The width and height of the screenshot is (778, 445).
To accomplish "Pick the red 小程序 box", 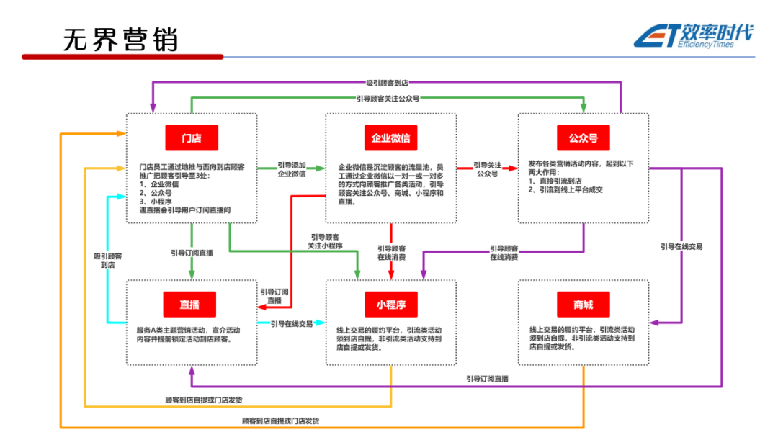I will click(x=390, y=305).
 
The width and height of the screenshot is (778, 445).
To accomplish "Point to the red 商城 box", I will click(x=583, y=305).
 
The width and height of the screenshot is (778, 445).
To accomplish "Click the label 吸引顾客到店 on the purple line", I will click(x=387, y=84).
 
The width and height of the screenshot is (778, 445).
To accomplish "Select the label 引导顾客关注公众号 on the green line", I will click(x=388, y=98).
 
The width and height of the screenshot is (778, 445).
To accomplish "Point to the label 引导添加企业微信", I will click(x=292, y=169).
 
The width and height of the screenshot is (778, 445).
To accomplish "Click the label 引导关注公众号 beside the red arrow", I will click(x=487, y=169).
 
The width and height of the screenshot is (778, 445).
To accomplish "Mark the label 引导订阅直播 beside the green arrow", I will click(x=192, y=253).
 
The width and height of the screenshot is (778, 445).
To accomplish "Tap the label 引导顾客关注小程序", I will click(x=326, y=241).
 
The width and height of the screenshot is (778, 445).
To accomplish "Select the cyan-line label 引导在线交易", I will click(x=292, y=324).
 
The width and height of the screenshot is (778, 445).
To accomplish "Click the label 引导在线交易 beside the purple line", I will click(x=681, y=246).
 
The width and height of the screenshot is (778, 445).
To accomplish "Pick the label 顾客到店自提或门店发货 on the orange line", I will click(x=281, y=421).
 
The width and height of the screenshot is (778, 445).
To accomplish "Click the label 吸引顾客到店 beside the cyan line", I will click(x=108, y=260).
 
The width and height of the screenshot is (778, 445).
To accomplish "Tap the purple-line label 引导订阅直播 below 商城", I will click(x=487, y=379).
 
